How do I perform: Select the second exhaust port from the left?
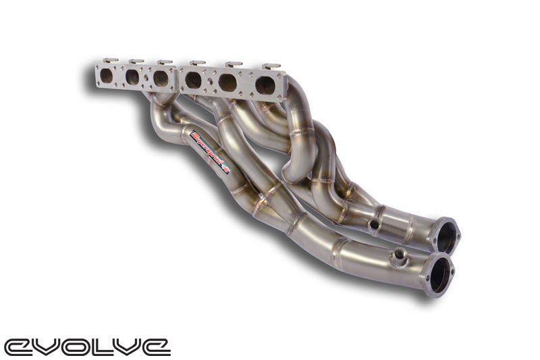tap(133, 76)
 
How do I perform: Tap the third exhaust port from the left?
tap(161, 78)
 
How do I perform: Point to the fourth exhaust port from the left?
tap(194, 80)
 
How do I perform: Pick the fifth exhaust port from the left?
tap(227, 82)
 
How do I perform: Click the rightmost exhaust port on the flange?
tap(265, 84)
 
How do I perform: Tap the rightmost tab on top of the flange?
tap(271, 67)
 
